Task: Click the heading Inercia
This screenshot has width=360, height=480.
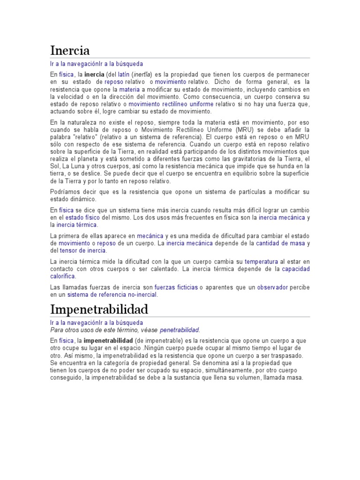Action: point(70,51)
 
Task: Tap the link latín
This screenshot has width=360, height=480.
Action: point(123,75)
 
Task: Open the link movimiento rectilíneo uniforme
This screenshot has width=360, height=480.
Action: point(171,104)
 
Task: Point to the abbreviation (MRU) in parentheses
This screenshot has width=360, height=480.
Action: point(245,129)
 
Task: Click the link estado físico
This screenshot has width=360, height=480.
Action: point(82,218)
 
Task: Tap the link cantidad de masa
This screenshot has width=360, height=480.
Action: point(280,243)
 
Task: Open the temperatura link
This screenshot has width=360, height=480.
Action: point(262,262)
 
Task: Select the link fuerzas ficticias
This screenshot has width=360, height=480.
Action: point(176,287)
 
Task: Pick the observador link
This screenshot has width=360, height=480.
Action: point(272,287)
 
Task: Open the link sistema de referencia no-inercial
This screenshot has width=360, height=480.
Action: point(112,294)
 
